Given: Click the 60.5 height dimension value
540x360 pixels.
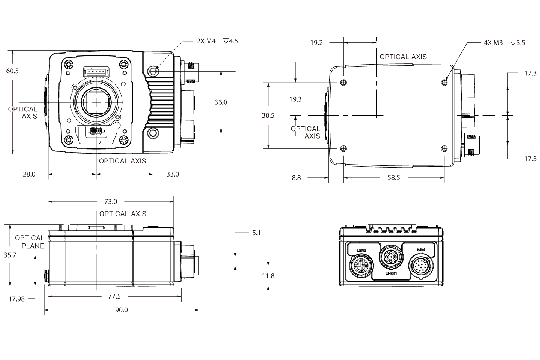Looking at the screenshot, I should tap(12, 70).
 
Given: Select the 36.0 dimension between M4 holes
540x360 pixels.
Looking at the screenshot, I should tap(220, 102).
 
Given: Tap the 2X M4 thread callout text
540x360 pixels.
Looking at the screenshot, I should tap(206, 41).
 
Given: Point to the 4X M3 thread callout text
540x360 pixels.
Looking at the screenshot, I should tap(493, 43).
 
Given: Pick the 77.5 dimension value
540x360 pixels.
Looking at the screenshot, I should tap(114, 296).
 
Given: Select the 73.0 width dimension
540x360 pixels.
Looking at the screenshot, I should tap(110, 202).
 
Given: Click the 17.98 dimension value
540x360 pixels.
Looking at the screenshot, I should tap(16, 299).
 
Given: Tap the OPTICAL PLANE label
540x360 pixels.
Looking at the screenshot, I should tap(30, 242).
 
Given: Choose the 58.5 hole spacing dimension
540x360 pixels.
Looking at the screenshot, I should tap(393, 178).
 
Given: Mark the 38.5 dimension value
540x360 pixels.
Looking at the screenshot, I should tap(268, 115).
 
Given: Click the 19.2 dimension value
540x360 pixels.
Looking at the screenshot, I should tap(316, 43).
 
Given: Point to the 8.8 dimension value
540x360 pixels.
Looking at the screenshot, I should tap(296, 178).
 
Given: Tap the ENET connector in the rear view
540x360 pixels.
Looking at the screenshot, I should tap(360, 267).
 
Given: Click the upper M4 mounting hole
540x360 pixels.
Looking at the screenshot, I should tap(153, 70).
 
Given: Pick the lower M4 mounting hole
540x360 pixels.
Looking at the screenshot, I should tap(153, 133).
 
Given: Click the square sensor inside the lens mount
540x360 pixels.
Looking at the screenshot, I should tap(97, 102).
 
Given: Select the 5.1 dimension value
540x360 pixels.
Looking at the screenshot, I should tap(256, 233).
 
